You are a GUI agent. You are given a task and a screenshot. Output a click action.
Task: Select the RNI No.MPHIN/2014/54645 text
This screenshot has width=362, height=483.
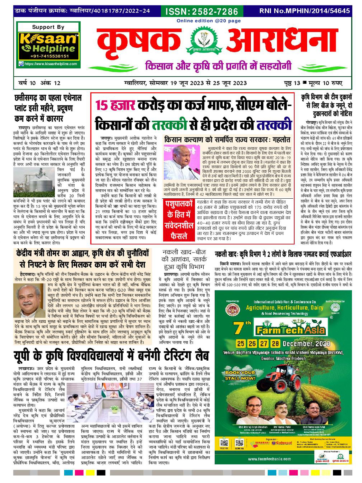pyautogui.click(x=304, y=11)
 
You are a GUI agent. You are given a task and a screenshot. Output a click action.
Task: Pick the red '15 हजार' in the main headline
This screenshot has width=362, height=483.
pyautogui.click(x=116, y=106)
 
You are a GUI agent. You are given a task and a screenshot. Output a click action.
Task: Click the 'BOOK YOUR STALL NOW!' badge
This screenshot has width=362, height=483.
pyautogui.click(x=240, y=375)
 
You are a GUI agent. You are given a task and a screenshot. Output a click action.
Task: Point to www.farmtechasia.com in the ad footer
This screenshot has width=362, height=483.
pyautogui.click(x=269, y=459)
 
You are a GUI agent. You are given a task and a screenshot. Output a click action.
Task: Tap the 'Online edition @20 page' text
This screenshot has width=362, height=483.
pyautogui.click(x=209, y=21)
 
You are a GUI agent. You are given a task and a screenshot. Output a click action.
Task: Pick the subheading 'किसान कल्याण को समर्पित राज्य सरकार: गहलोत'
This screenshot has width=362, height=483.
pyautogui.click(x=227, y=139)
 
